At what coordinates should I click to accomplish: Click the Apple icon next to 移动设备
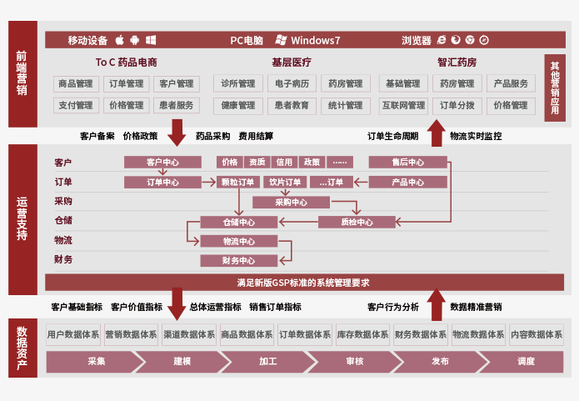119,40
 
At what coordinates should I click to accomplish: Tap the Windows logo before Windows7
282,40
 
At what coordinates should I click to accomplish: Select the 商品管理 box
76,83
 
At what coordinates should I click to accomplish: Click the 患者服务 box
176,105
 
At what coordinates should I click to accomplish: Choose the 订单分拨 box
457,105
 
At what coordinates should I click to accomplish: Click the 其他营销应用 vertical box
556,87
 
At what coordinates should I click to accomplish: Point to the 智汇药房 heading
457,63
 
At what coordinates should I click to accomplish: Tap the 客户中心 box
162,162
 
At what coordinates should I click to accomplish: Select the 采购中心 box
291,202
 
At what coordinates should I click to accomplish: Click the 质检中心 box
357,222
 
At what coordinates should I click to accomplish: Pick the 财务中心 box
238,261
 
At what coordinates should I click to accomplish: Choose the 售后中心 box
407,162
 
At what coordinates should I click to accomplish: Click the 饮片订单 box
284,182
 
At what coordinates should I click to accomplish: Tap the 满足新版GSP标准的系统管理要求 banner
302,283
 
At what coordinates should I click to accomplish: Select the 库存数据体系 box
362,334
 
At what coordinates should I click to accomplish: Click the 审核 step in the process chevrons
354,362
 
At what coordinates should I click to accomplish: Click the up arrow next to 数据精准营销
436,304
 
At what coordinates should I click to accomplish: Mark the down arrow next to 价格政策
176,133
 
